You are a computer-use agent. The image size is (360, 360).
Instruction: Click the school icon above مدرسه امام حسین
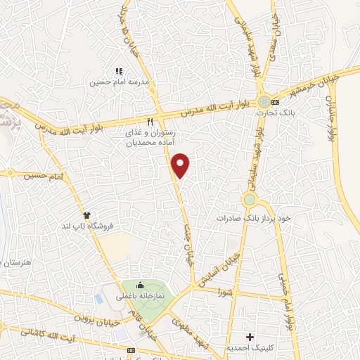point(118,71)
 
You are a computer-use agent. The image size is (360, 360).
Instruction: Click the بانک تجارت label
point(285,112)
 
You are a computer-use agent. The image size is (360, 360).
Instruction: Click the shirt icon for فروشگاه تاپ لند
point(87,214)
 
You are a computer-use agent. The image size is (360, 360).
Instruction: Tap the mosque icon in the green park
point(140,285)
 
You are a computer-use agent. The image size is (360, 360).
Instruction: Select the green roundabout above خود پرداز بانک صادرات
point(249,200)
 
